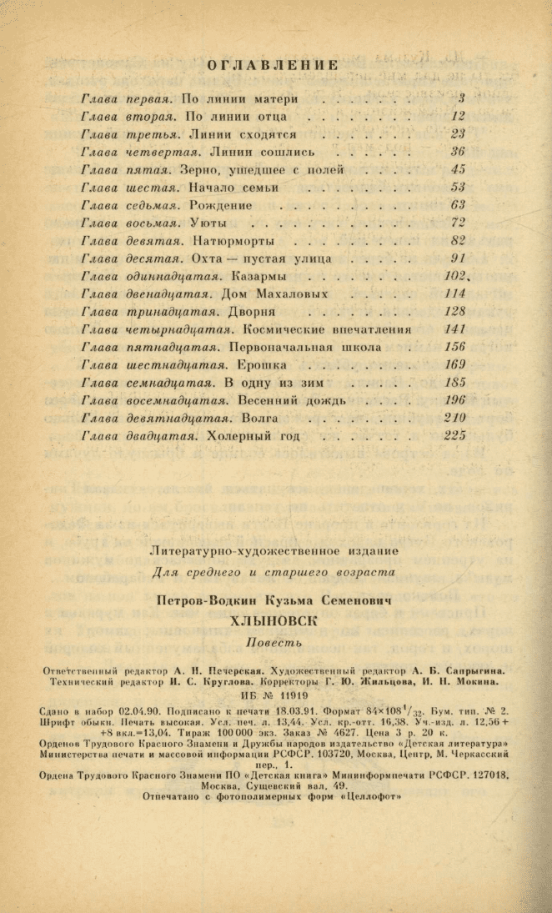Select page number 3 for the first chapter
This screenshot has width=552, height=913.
point(461,98)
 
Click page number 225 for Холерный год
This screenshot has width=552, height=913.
point(454,435)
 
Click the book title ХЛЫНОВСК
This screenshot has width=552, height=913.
point(274,620)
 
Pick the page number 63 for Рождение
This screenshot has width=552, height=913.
point(458,205)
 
